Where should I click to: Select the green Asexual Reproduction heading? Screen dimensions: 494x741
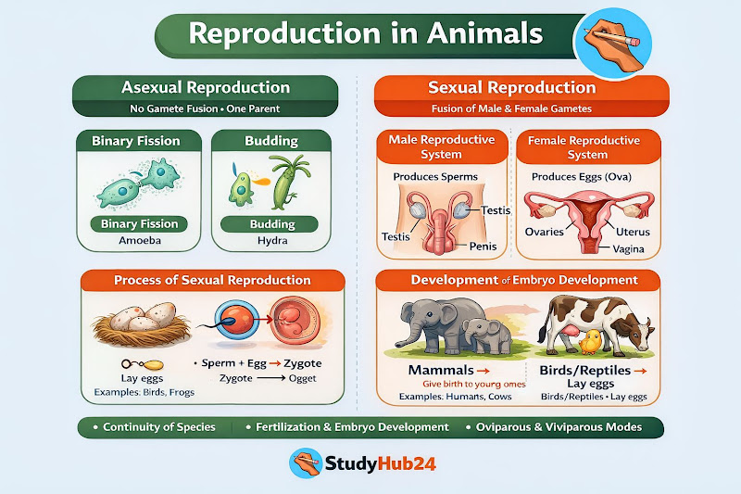(x=206, y=88)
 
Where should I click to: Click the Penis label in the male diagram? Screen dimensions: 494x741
(x=483, y=247)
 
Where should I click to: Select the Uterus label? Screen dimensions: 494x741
(x=632, y=232)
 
